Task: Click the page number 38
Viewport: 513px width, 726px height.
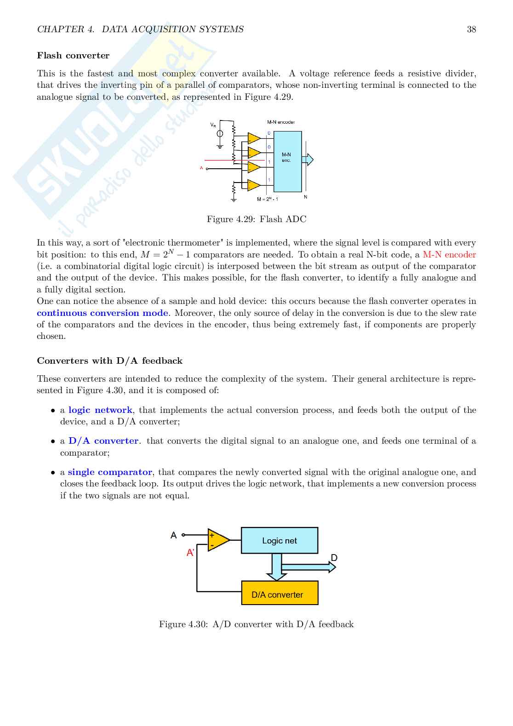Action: pos(471,29)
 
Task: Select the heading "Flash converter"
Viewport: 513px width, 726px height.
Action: pos(73,56)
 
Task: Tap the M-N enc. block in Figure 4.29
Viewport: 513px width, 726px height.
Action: pos(287,161)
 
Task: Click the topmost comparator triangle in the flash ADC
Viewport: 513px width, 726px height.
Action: pos(254,138)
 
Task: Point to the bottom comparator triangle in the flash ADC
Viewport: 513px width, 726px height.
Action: pos(254,185)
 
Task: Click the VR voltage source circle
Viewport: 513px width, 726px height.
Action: pos(220,133)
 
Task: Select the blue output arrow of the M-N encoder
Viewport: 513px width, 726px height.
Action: pos(308,160)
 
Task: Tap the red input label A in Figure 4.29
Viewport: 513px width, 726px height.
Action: pos(201,168)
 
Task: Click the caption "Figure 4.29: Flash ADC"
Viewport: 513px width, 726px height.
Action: pos(256,219)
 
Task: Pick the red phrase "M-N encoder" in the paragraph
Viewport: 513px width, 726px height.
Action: pos(449,255)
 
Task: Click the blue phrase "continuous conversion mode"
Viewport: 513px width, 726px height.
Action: pos(103,313)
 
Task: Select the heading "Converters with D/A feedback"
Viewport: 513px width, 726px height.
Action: pos(109,361)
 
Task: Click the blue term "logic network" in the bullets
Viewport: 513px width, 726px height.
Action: pos(100,410)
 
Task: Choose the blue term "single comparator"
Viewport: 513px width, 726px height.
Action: pos(110,472)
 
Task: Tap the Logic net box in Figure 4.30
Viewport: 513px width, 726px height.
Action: pos(279,541)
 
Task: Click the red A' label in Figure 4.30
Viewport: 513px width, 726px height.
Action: pos(190,553)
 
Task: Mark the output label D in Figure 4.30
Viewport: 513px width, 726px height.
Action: pos(334,558)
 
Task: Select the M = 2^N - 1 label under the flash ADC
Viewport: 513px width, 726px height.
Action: pos(267,199)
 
